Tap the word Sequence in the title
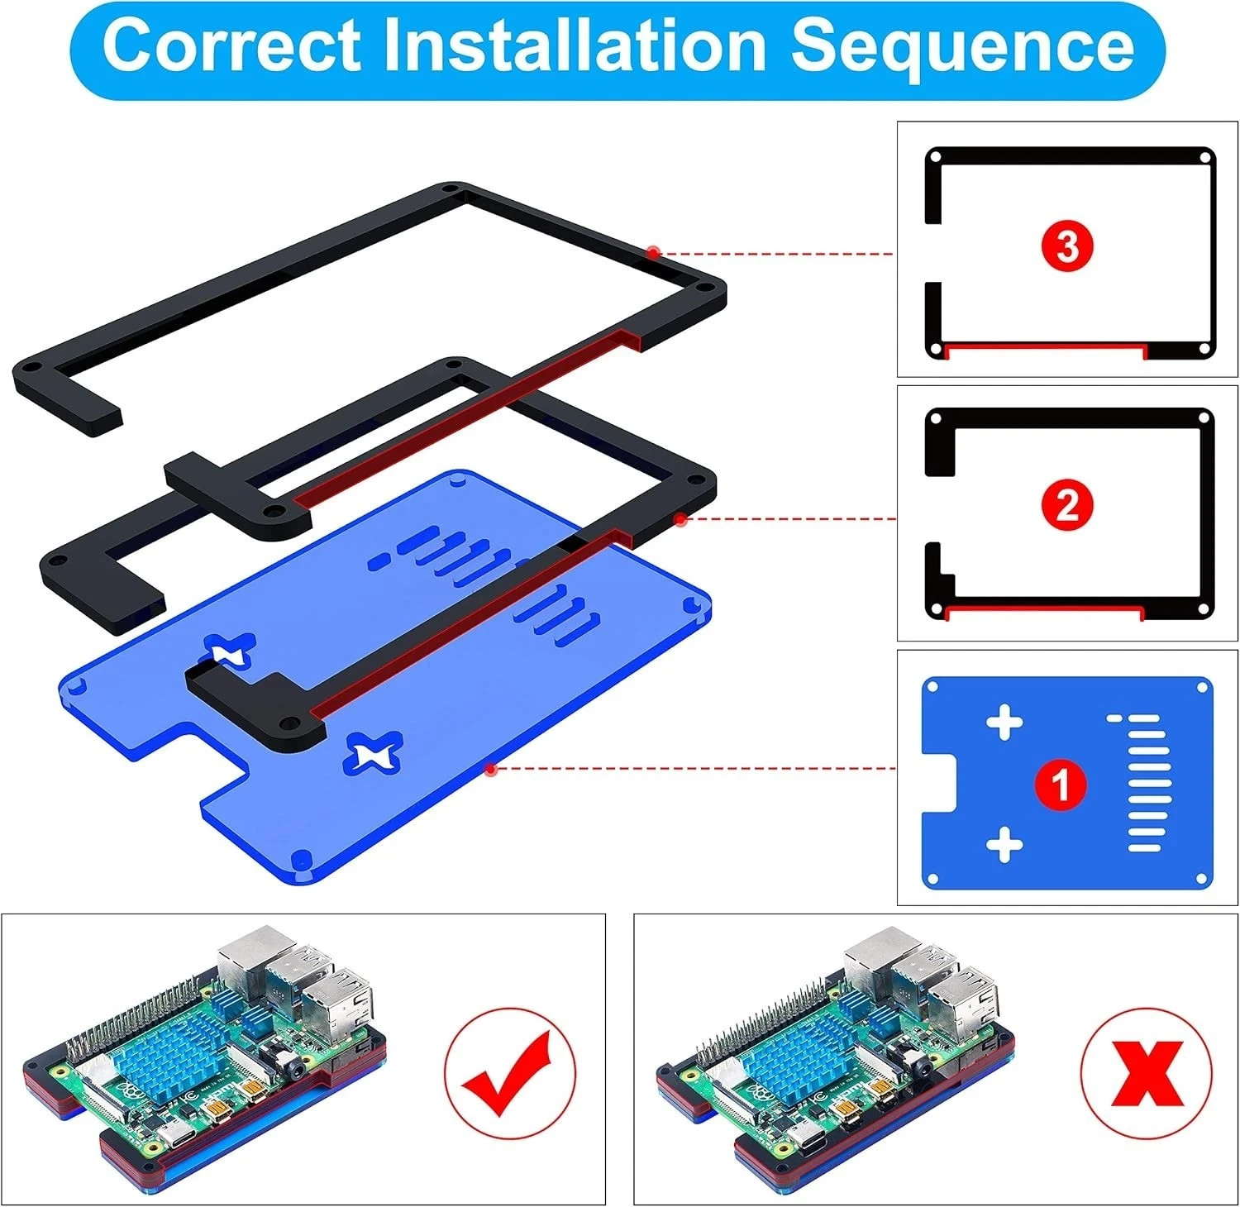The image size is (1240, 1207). pos(962,47)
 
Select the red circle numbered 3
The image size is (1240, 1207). pos(1067,246)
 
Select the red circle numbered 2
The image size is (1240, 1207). pos(1067,505)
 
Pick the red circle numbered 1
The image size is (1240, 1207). pos(1061,783)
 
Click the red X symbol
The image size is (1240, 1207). pos(1147,1073)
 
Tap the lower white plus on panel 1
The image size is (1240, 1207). pos(1004,845)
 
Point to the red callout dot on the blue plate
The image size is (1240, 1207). pos(491,770)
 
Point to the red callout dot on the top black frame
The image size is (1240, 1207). pos(653,251)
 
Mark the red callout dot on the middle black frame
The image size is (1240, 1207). pos(680,519)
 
